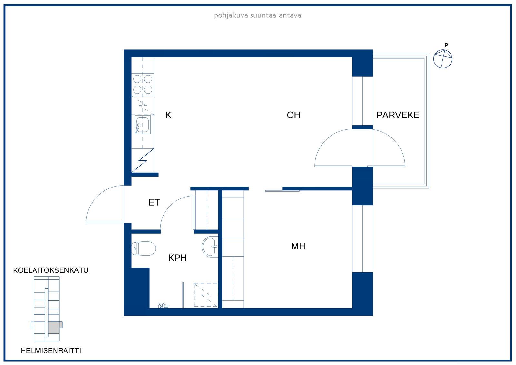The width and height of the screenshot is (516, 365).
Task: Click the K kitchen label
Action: pos(168,115)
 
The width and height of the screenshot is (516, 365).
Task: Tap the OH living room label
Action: pos(293,115)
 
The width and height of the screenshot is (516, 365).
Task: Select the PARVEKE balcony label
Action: pos(398,115)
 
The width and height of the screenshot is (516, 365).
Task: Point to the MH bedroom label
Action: pos(298,246)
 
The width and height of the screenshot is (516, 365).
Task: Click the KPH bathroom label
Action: pos(177,258)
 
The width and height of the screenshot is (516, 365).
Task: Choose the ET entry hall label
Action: pos(154,202)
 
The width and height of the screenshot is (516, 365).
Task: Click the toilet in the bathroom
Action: pos(144,248)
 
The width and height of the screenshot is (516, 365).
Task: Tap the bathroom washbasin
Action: pos(210,247)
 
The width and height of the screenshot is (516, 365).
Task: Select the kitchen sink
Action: pos(143,125)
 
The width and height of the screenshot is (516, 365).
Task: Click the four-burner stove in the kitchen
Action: pos(143,84)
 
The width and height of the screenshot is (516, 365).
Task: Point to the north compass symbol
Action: pos(443,59)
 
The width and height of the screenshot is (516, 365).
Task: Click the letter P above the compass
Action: pos(446,45)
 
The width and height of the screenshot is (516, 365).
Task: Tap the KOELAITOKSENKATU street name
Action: pos(51,270)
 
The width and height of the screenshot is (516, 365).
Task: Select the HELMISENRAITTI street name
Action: pos(51,351)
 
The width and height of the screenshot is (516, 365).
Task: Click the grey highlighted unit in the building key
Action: pos(54,328)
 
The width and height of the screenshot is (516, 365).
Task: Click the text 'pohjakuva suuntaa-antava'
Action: pos(258,15)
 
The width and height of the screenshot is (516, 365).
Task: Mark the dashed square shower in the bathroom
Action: pos(205,295)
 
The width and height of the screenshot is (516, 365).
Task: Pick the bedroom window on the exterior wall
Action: pos(362,238)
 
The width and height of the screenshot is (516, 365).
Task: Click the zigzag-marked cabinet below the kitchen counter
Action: pos(143,160)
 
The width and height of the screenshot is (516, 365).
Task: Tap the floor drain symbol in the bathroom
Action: pos(163,305)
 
